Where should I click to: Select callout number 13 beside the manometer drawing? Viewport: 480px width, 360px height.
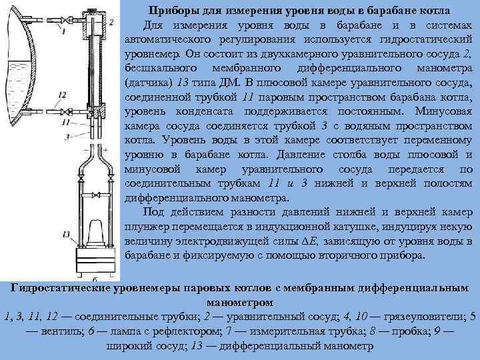(65, 234)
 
